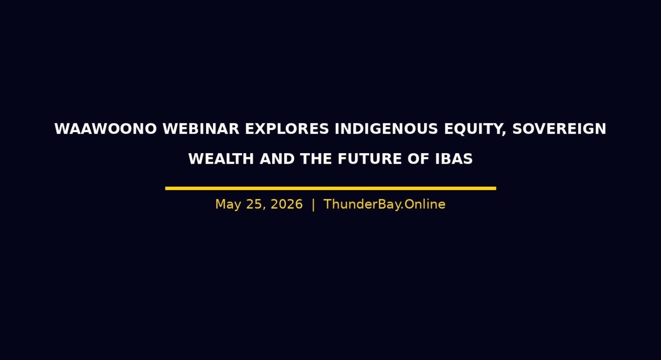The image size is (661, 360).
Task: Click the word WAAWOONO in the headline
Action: pyautogui.click(x=105, y=129)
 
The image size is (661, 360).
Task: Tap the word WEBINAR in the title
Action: pyautogui.click(x=201, y=129)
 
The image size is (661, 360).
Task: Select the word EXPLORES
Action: pyautogui.click(x=287, y=129)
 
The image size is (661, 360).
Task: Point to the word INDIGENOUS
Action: pyautogui.click(x=386, y=129)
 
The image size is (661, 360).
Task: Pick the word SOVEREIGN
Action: pyautogui.click(x=559, y=129)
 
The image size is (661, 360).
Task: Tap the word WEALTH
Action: pyautogui.click(x=221, y=159)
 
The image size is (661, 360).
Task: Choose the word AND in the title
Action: pyautogui.click(x=277, y=159)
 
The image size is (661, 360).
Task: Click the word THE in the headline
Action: pyautogui.click(x=316, y=159)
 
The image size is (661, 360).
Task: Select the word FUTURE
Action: pyautogui.click(x=370, y=159)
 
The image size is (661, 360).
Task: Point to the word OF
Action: pyautogui.click(x=418, y=159)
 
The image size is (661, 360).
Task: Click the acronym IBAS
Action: pyautogui.click(x=454, y=159)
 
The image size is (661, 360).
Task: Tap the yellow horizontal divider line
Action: pyautogui.click(x=330, y=188)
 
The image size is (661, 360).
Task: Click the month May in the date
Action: pyautogui.click(x=228, y=205)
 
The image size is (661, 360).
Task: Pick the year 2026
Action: pyautogui.click(x=287, y=204)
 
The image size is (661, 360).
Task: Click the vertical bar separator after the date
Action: pyautogui.click(x=313, y=205)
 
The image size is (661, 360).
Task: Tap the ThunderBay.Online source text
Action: pyautogui.click(x=384, y=204)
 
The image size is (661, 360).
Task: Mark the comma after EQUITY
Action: pyautogui.click(x=504, y=134)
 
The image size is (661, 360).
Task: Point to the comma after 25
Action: pyautogui.click(x=264, y=209)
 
